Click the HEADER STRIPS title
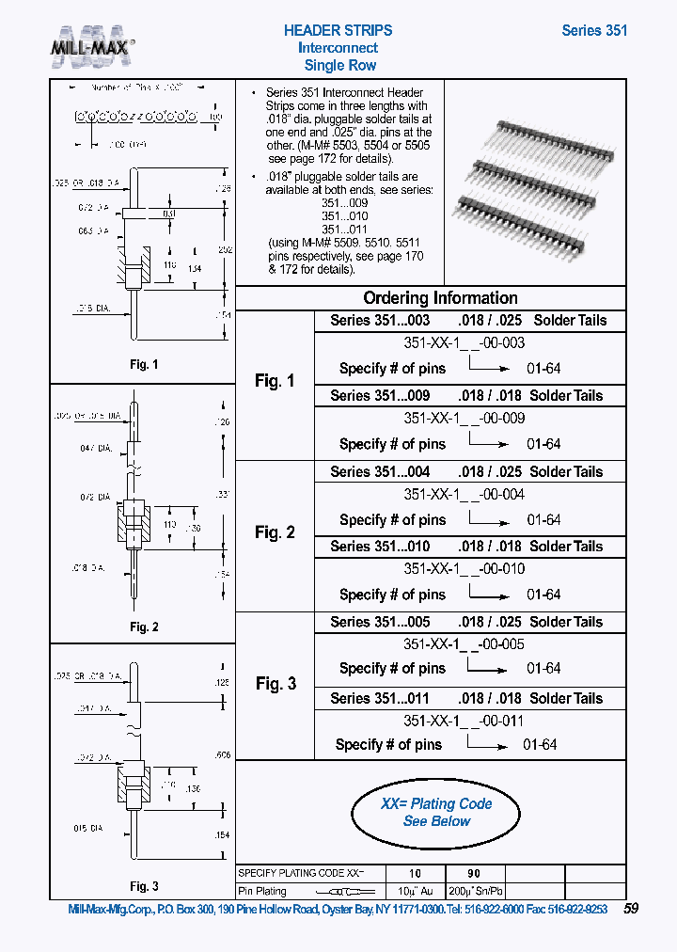coord(338,30)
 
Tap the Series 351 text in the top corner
coord(594,30)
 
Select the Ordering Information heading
coord(440,297)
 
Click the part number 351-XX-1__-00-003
coord(464,343)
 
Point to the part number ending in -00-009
coord(464,418)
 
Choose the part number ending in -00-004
coord(464,494)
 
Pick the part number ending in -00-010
coord(464,568)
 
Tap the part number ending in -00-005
coord(464,644)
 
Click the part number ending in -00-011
coord(464,721)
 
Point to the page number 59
coord(631,909)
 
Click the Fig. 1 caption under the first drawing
coord(143,365)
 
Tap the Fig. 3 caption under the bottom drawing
coord(143,886)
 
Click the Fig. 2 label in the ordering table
coord(275,532)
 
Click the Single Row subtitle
coord(339,65)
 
